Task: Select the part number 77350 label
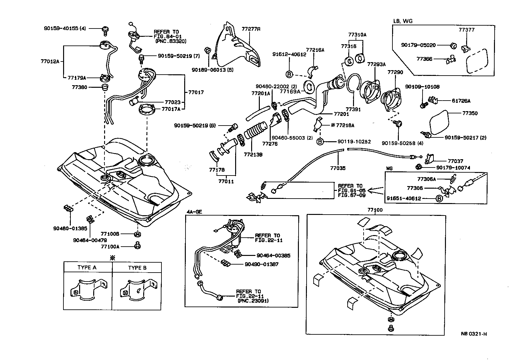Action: pos(470,113)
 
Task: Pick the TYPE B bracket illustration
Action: pos(138,290)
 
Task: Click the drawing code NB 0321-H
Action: pos(474,334)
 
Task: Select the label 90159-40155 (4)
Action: pos(65,29)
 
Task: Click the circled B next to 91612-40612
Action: pos(288,74)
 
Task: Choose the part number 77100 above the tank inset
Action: pos(375,210)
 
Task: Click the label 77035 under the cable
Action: pos(338,168)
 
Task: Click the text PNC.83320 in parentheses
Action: pos(171,41)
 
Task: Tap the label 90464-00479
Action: pos(90,240)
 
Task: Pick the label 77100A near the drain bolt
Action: pos(110,246)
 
